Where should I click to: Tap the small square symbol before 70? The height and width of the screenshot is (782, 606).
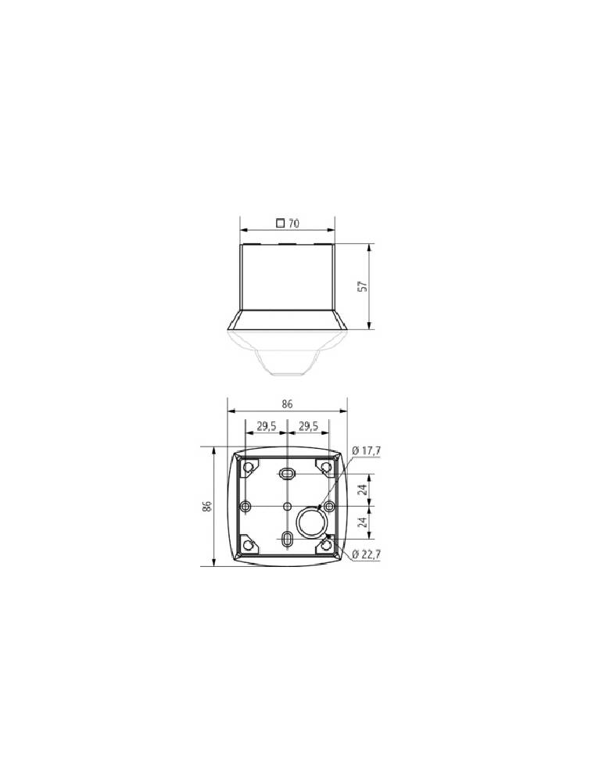click(281, 223)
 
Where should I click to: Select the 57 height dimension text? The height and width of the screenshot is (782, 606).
click(363, 286)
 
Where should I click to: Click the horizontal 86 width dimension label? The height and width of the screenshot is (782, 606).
click(287, 404)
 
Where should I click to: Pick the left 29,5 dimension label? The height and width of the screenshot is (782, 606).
click(267, 426)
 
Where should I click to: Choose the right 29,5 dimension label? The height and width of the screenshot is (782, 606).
click(308, 426)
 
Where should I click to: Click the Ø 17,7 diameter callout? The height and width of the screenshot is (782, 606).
click(367, 450)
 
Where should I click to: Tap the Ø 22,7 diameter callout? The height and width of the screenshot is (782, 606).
click(367, 554)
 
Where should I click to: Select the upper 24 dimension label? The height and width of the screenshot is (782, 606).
click(363, 489)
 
